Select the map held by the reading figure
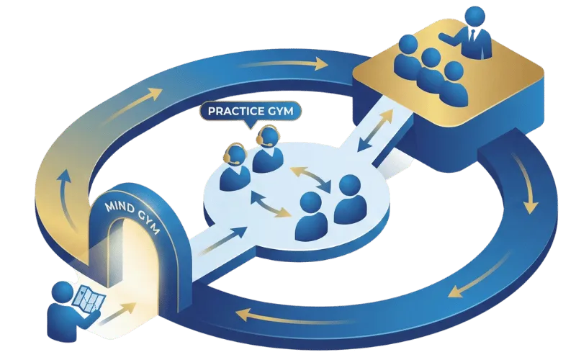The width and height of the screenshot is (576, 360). [90, 298]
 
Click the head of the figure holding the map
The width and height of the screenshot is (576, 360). [63, 292]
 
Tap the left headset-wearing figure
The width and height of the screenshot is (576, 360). [235, 165]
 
